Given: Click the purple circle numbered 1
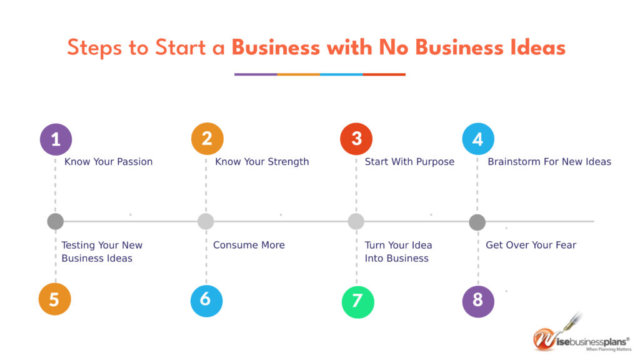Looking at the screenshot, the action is point(56,139).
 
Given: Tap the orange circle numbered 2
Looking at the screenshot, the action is point(207,139).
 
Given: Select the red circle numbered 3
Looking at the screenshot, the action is point(356,139).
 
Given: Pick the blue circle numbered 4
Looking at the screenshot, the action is point(478,139).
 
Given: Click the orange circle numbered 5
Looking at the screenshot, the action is point(55,299).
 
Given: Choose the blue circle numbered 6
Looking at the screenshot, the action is point(206,301).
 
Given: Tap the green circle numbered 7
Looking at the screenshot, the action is point(358,302).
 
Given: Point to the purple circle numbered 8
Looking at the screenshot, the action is point(478,301).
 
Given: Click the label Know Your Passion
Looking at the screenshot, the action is point(109,162).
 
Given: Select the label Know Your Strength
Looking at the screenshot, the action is point(262,162).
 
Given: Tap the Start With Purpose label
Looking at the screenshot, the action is point(409,162).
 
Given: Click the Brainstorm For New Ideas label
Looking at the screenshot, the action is point(549,162).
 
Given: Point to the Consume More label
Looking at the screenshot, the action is point(249,245).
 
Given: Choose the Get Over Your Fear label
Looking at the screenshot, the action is point(531,245).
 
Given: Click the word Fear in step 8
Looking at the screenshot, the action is point(566,245).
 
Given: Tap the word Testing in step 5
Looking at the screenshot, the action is point(78,245).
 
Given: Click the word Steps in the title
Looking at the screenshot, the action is point(95,48).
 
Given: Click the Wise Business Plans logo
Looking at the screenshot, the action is point(581,335).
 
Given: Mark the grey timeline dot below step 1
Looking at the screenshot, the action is point(56,222).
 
